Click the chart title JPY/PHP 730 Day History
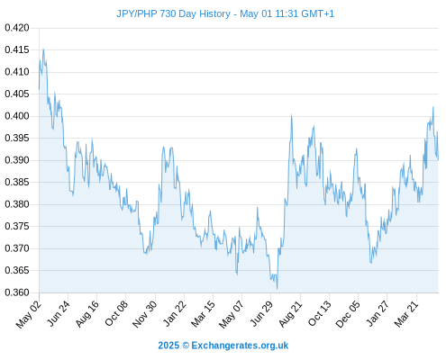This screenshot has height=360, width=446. click(173, 13)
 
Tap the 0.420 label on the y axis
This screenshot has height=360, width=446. click(17, 28)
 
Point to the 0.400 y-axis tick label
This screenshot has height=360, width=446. click(17, 116)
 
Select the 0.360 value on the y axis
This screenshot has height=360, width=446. click(17, 292)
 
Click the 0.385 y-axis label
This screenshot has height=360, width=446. click(17, 182)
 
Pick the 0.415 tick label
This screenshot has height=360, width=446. click(17, 49)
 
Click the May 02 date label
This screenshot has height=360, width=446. click(29, 314)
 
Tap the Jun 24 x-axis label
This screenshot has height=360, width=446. click(59, 313)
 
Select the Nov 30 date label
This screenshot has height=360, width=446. click(144, 314)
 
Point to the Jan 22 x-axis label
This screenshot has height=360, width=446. click(175, 313)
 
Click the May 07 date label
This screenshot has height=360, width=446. click(231, 314)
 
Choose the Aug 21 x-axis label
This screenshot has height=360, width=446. click(290, 314)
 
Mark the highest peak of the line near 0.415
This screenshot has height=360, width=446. click(43, 49)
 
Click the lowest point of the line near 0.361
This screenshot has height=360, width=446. click(277, 289)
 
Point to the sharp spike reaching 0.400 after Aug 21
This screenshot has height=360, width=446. click(291, 115)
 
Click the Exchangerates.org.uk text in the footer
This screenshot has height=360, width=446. click(240, 346)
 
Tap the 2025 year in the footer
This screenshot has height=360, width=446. click(168, 346)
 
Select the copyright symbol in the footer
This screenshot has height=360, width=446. click(186, 346)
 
